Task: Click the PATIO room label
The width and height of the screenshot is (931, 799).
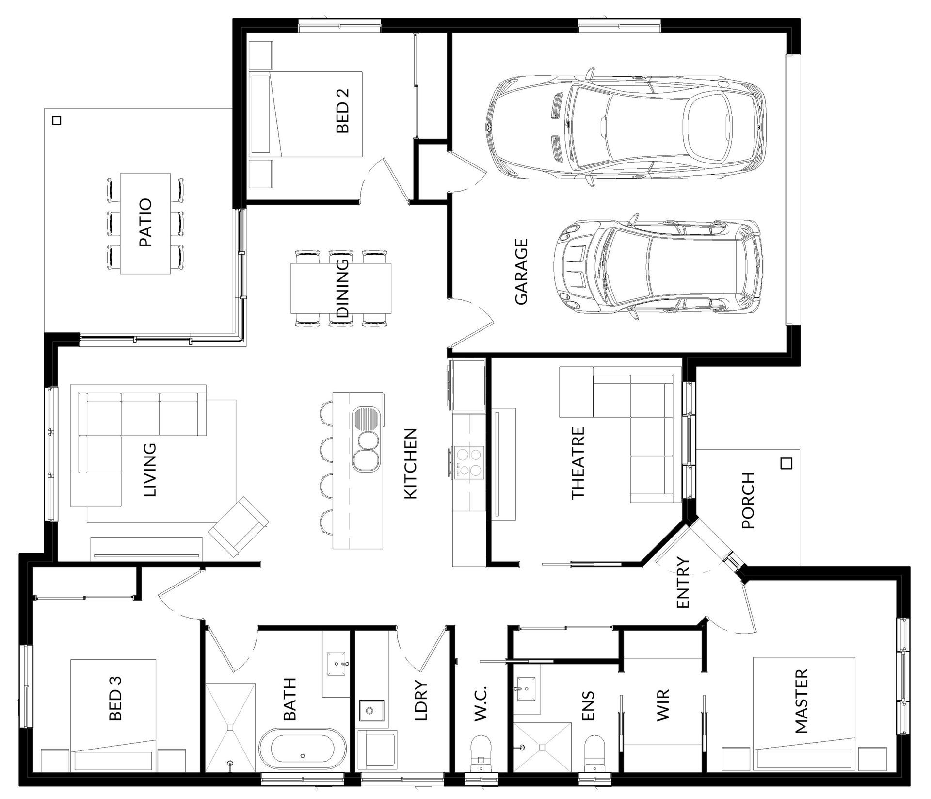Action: pyautogui.click(x=145, y=223)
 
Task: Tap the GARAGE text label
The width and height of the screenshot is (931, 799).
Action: pyautogui.click(x=521, y=271)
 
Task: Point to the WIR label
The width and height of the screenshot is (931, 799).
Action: pyautogui.click(x=662, y=704)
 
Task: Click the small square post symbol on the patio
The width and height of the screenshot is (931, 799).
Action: pyautogui.click(x=57, y=120)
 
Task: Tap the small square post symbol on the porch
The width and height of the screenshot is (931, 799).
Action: pyautogui.click(x=787, y=463)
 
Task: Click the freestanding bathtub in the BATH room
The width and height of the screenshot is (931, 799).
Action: pyautogui.click(x=303, y=747)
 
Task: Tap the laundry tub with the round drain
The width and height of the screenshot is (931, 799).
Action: pyautogui.click(x=371, y=711)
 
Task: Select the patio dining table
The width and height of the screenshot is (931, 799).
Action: pyautogui.click(x=145, y=224)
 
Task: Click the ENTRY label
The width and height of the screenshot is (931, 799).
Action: pyautogui.click(x=682, y=582)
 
